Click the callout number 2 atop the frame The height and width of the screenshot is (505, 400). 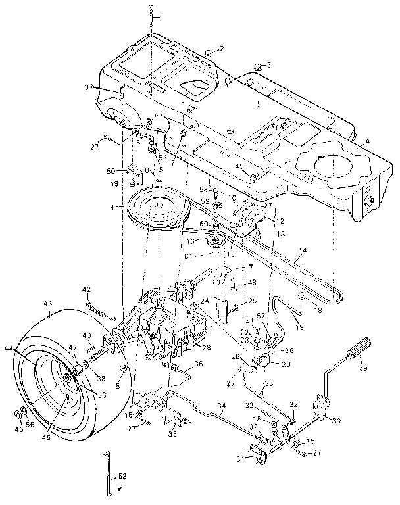222,48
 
